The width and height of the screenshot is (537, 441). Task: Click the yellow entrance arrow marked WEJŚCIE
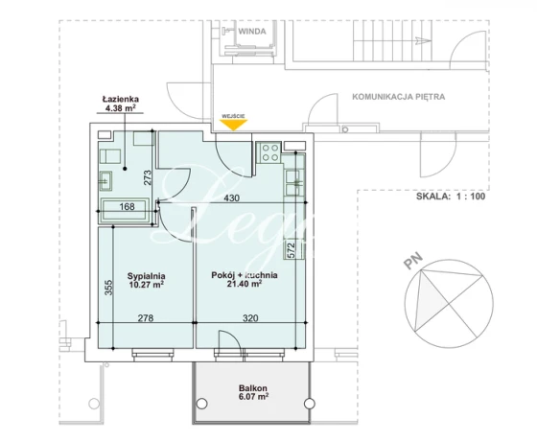234,125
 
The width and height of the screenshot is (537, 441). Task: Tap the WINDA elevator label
252,32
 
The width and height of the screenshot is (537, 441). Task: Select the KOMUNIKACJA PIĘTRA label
399,97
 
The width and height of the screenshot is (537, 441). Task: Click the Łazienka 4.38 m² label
120,104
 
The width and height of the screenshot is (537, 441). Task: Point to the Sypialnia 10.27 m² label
146,280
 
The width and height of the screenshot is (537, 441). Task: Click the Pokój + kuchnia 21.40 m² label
245,279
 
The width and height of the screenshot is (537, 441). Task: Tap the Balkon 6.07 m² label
253,392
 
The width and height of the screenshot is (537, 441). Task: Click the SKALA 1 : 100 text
451,197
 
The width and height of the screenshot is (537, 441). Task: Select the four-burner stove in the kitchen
269,152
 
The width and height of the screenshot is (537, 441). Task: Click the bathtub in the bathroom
125,209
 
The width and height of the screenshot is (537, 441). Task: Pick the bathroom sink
105,180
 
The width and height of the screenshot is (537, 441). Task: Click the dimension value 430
232,197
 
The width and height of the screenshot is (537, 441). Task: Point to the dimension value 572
291,250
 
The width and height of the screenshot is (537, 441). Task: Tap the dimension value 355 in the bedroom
107,288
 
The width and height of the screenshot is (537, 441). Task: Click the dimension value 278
146,318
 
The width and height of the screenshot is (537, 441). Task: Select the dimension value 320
250,318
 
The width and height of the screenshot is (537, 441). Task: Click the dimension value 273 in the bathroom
148,177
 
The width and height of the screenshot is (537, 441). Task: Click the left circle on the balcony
202,404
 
